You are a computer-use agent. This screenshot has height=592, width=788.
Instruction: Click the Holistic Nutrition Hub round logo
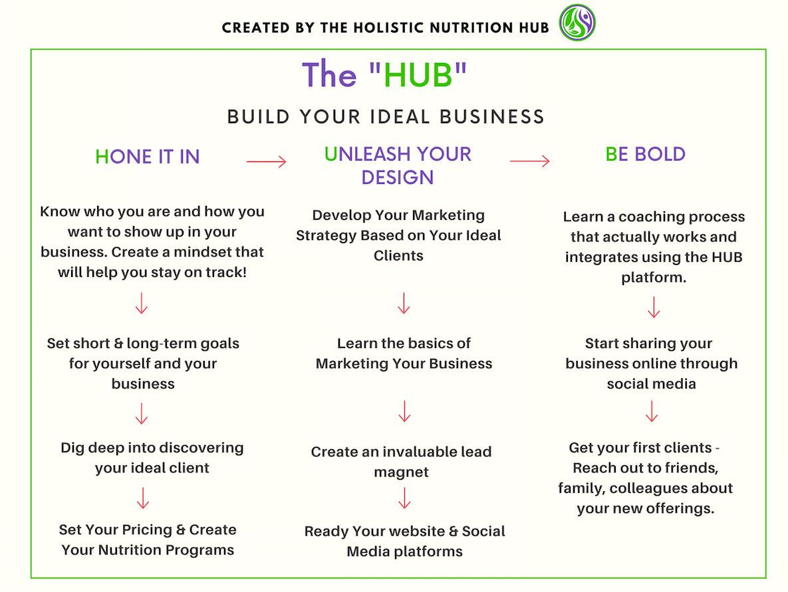577,23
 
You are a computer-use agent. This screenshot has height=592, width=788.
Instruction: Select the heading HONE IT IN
147,157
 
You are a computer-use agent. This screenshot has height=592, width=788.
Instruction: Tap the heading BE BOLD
645,154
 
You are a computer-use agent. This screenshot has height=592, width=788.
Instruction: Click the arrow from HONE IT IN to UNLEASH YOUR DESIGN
267,161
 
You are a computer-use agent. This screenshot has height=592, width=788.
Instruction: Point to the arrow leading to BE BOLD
530,161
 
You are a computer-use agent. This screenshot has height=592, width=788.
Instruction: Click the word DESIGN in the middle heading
398,177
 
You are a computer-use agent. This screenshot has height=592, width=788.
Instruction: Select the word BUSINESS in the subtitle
492,117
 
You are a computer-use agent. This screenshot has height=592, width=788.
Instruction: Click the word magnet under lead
401,472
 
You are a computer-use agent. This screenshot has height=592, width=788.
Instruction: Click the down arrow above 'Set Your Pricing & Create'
143,498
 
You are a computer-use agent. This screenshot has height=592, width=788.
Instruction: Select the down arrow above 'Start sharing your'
654,308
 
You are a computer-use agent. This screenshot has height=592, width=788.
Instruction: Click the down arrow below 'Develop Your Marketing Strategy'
404,303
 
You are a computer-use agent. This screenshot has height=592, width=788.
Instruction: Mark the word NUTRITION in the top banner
472,28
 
